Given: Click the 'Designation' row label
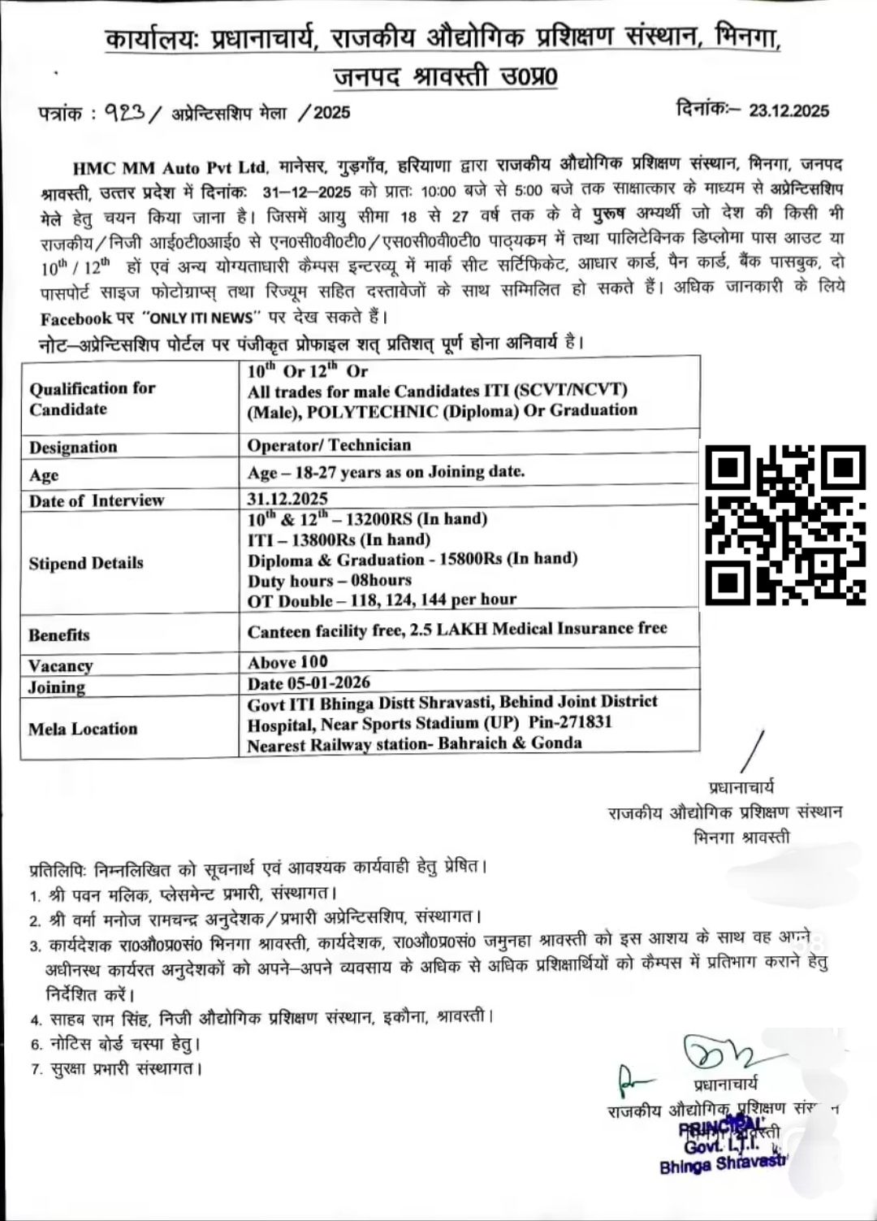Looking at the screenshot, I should click(x=73, y=447).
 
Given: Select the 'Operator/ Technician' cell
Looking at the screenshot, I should click(x=329, y=445).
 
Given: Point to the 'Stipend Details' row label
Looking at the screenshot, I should click(x=86, y=563).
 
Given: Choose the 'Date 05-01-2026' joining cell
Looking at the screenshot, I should click(x=309, y=682).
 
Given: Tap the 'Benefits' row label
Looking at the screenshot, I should click(x=59, y=635).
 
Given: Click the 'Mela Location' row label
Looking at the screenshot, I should click(x=83, y=729).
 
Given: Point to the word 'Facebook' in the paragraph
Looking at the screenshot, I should click(x=75, y=319).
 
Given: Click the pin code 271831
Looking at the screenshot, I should click(x=585, y=722).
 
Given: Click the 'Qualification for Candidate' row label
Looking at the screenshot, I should click(x=92, y=398).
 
